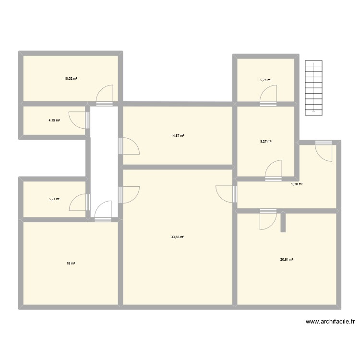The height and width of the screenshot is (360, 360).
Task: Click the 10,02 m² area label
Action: pos(71,78)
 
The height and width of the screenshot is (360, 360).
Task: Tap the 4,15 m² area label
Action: pos(54,120)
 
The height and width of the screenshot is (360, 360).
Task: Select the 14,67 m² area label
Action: pos(178,136)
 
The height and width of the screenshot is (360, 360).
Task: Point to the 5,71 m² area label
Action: pos(266,80)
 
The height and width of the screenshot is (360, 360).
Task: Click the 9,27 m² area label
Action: pos(266,141)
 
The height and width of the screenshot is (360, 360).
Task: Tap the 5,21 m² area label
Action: pos(54,198)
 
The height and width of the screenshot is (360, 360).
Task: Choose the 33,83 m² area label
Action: pos(178,237)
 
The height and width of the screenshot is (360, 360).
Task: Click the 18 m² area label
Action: pos(71,263)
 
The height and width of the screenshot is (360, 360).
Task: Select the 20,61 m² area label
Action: pos(287,259)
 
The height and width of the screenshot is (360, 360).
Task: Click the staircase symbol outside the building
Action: pos(313,87)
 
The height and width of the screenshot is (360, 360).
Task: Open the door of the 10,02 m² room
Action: pos(105,95)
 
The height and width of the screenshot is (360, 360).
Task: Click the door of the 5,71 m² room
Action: pos(269,95)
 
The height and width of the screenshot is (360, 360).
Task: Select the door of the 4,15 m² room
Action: pos(79,120)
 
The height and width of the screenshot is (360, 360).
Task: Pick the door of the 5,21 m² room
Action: pos(80,203)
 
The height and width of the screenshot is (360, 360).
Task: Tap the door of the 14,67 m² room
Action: pos(129,146)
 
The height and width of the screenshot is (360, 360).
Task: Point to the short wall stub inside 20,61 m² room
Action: pos(284,222)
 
